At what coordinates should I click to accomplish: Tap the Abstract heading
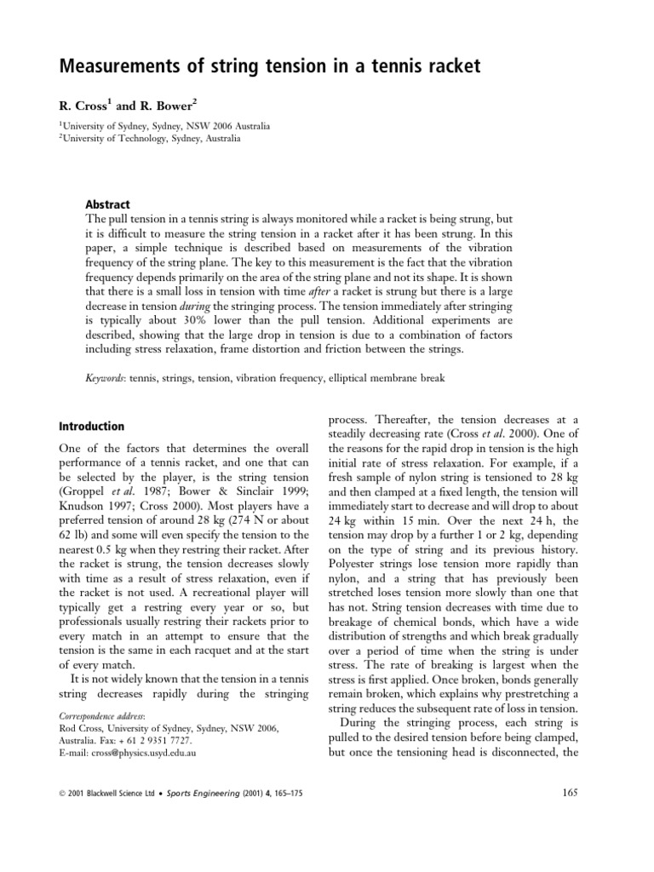[x=107, y=204]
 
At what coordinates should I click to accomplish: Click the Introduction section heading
[x=91, y=426]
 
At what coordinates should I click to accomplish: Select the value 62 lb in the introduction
[x=72, y=515]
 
